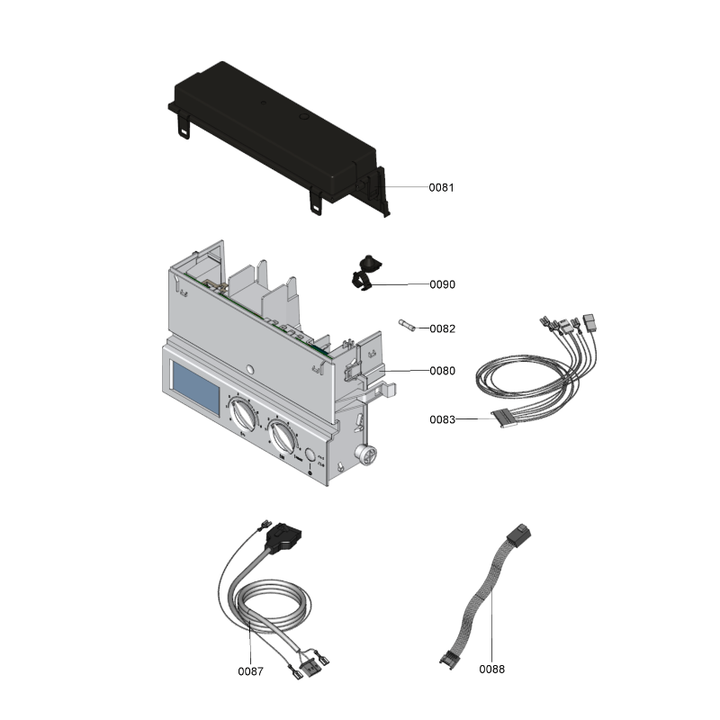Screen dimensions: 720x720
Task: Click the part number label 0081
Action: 441,188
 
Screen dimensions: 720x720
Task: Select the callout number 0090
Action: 442,284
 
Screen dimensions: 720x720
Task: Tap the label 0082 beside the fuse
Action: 442,328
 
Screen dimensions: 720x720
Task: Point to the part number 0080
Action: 442,371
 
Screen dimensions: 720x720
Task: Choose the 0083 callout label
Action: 441,419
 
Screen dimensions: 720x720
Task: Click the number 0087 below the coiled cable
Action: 250,671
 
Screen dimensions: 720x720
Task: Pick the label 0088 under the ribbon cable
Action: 491,669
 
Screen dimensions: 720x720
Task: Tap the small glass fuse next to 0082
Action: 409,326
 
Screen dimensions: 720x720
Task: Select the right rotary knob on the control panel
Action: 282,438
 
